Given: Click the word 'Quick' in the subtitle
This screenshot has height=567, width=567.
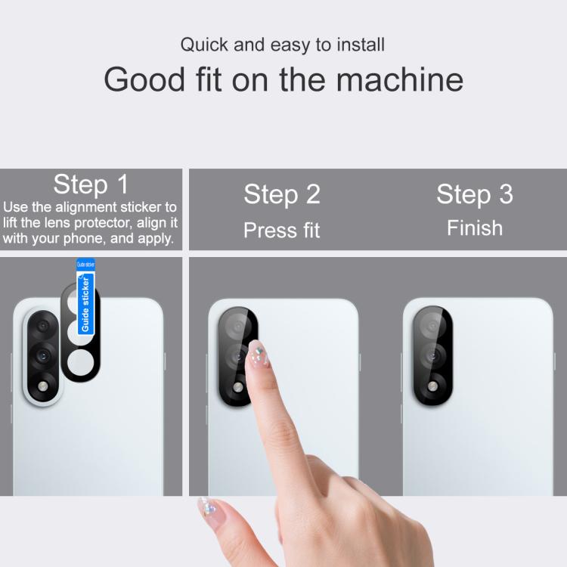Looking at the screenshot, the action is click(x=204, y=45).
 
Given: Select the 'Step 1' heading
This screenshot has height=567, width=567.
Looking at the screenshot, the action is click(x=91, y=184).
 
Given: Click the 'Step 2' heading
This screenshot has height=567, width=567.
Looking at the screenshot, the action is click(x=282, y=194).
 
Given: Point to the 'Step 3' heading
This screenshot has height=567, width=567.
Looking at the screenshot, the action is click(x=475, y=194).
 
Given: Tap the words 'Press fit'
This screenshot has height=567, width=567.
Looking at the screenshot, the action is click(x=282, y=230).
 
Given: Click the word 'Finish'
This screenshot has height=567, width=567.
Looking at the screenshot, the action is click(x=475, y=228).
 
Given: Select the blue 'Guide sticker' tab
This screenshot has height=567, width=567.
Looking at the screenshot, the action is click(x=85, y=297).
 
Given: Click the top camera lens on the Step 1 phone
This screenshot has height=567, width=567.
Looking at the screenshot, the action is click(x=43, y=326).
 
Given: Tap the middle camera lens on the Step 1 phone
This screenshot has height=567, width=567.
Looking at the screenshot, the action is click(x=43, y=356).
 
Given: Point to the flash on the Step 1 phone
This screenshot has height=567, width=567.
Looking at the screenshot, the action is click(x=43, y=386).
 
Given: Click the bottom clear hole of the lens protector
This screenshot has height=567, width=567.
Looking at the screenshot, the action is click(x=81, y=362).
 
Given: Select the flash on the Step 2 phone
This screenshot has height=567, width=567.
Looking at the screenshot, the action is click(x=238, y=387).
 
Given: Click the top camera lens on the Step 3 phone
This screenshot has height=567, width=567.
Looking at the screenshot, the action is click(x=432, y=325).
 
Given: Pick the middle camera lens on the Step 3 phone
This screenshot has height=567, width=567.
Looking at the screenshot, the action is click(x=432, y=356).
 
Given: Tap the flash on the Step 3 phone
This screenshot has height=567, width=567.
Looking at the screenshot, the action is click(x=432, y=386).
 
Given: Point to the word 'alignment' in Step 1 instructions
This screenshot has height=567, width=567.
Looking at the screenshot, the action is click(x=86, y=207).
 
